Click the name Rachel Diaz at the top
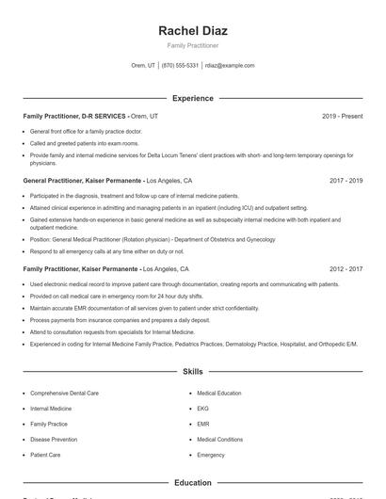(192, 30)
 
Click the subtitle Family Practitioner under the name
(192, 45)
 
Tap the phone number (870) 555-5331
(180, 66)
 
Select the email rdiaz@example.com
(230, 66)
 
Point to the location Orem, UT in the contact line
(143, 66)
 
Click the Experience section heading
(192, 98)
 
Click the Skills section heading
(192, 372)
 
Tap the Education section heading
(192, 483)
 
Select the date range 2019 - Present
(342, 116)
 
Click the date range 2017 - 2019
(345, 180)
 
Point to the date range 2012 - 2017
(345, 268)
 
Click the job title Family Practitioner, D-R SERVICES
(75, 116)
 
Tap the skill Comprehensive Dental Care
(64, 393)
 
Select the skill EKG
(202, 409)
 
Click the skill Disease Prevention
(54, 439)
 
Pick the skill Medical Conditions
(219, 439)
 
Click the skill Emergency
(211, 455)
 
